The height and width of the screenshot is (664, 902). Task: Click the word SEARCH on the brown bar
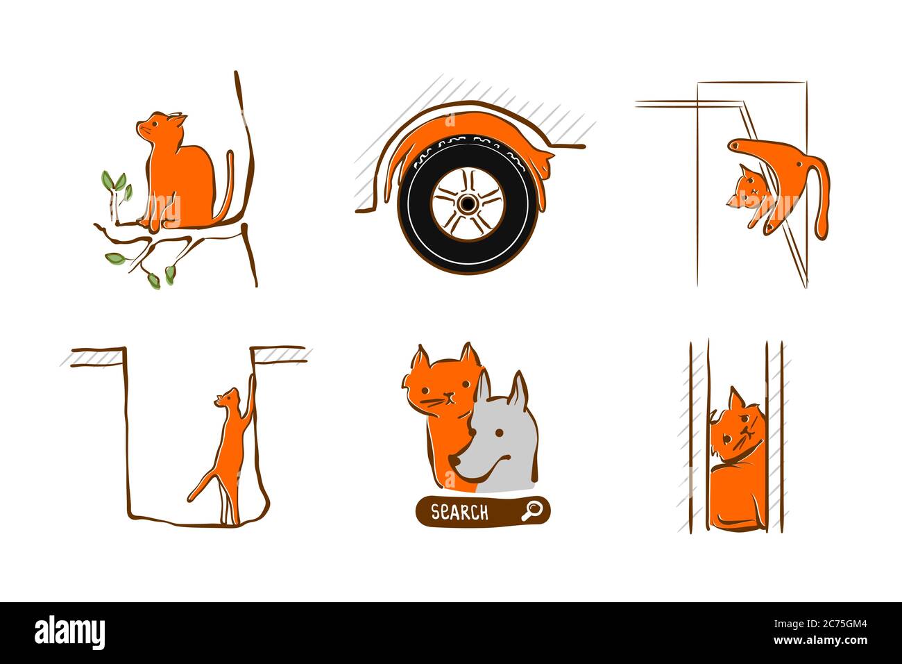[x=459, y=512]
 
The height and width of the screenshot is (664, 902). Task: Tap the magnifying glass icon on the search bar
[x=531, y=511]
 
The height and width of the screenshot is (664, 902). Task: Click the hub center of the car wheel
[x=467, y=204]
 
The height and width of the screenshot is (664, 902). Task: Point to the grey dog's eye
[x=499, y=433]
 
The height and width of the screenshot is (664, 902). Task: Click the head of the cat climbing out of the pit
[x=227, y=397]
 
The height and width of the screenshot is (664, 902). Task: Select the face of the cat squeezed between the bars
[x=738, y=434]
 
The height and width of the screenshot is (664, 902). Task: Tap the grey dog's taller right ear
[x=518, y=388]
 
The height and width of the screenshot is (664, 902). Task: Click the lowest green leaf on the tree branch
[x=153, y=280]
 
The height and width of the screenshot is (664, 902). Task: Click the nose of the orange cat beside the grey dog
[x=450, y=397]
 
